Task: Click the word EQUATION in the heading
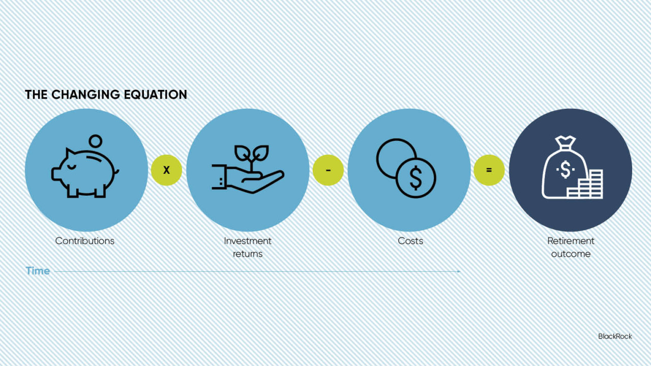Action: coord(155,95)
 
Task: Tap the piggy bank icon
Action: coord(85,172)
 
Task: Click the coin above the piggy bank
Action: coord(95,141)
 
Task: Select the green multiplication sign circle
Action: coord(166,170)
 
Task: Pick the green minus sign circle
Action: coord(328,170)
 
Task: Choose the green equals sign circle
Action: coord(489,170)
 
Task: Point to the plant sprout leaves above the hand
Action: coord(252,154)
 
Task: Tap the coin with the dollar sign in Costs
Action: coord(416,178)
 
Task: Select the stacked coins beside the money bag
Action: coord(585,185)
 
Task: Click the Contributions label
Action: coord(85,241)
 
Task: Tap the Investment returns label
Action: coord(248,247)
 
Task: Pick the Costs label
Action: coord(410,241)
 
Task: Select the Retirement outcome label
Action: coord(571,247)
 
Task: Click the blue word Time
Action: coord(38,271)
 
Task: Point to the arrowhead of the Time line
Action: coord(459,271)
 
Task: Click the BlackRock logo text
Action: coord(615,337)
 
